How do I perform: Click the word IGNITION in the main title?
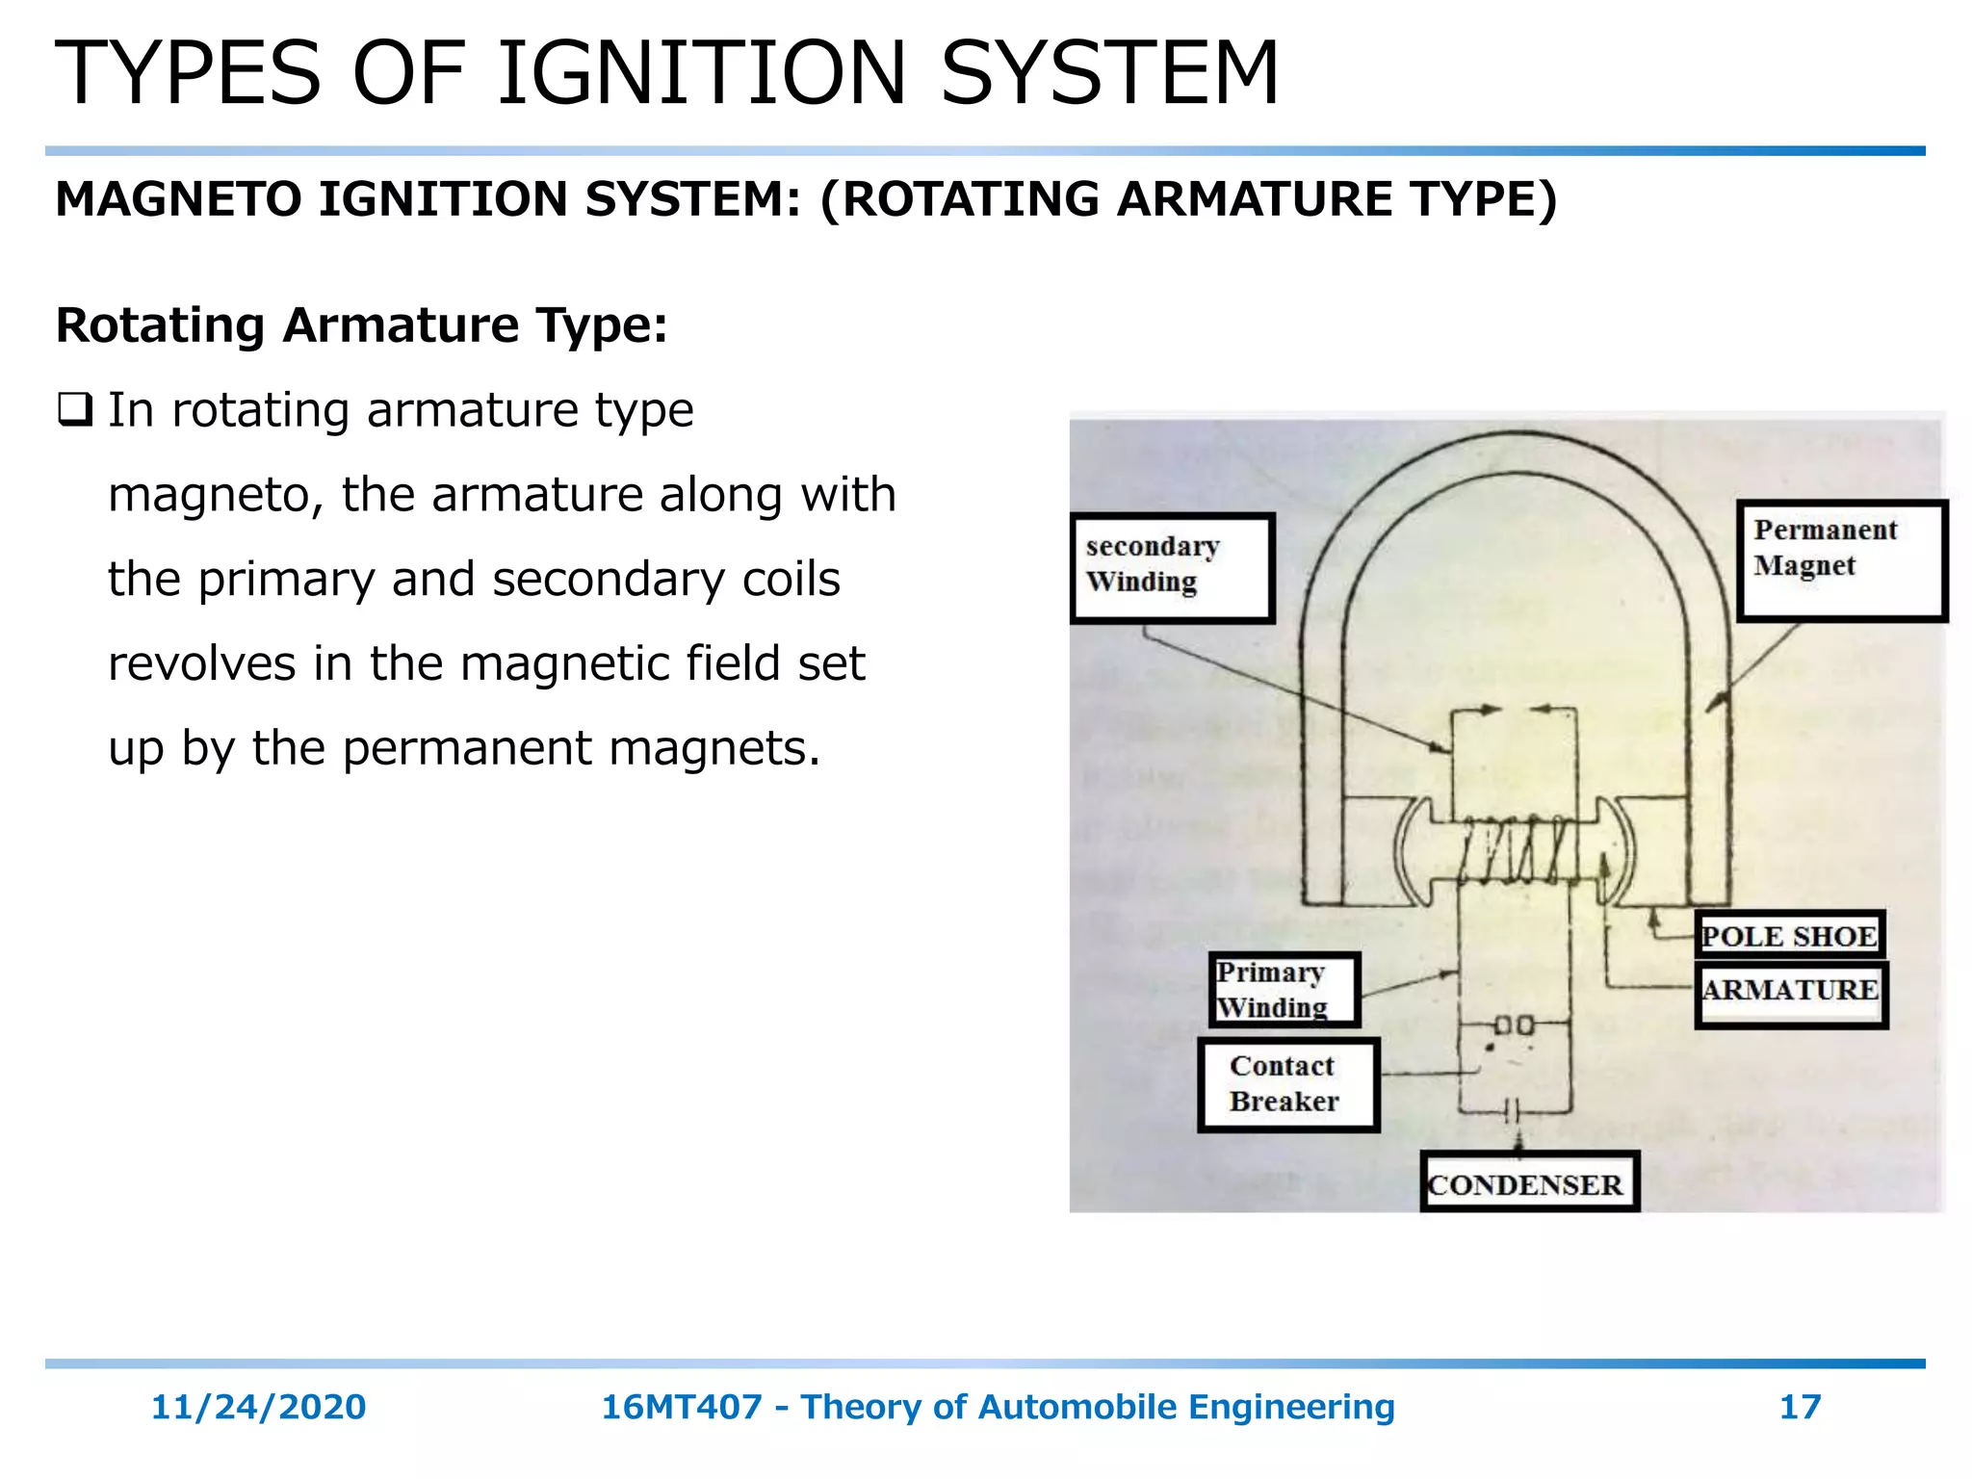click(x=701, y=74)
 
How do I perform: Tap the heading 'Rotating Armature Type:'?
click(x=361, y=325)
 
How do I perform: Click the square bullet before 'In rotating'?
click(x=74, y=410)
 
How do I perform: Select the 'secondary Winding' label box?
click(x=1172, y=567)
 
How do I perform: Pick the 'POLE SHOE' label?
click(x=1789, y=935)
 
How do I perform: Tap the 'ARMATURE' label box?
click(x=1790, y=992)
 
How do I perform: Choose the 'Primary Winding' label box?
click(x=1284, y=990)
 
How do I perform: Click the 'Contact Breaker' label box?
click(x=1287, y=1084)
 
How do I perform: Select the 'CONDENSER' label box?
click(x=1528, y=1182)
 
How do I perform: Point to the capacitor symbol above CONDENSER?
click(x=1513, y=1111)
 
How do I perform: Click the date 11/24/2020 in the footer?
click(x=258, y=1407)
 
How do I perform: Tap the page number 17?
click(x=1799, y=1407)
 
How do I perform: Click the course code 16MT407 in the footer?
click(x=681, y=1407)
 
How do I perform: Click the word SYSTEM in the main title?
click(x=1108, y=74)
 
